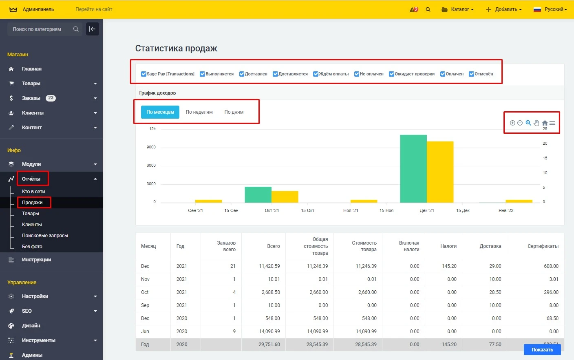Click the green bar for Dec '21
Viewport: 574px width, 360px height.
click(413, 168)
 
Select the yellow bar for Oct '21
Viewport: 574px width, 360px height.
click(285, 197)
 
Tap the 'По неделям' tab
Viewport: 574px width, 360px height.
click(199, 112)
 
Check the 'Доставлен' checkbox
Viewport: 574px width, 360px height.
click(242, 74)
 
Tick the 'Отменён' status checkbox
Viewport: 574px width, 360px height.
click(472, 74)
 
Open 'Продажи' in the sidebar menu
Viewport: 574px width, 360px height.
click(32, 203)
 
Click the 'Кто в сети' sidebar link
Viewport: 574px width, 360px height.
click(33, 192)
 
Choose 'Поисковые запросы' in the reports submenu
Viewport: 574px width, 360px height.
click(45, 236)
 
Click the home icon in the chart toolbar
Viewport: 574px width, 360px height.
click(545, 123)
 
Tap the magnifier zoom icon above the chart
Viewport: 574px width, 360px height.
click(528, 123)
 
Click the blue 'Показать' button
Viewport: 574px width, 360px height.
click(542, 350)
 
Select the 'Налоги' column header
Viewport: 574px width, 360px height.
click(448, 246)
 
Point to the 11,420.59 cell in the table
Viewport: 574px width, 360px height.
click(269, 266)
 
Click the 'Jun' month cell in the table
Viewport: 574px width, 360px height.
click(145, 331)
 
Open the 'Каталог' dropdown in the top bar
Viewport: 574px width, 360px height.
click(458, 9)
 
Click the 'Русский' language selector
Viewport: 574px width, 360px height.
click(550, 9)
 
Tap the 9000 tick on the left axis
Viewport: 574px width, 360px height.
click(151, 147)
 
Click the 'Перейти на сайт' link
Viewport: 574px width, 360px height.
click(94, 9)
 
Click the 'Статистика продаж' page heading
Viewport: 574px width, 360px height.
click(176, 49)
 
